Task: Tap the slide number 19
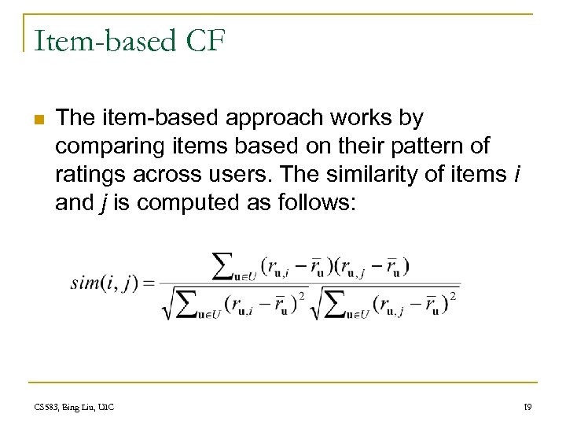[527, 407]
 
